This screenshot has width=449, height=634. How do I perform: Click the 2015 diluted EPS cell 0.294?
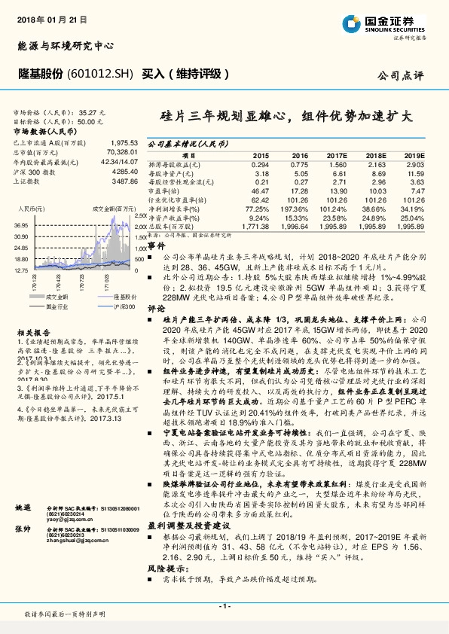[x=260, y=163]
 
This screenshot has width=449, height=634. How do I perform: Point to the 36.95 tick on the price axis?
[x=21, y=225]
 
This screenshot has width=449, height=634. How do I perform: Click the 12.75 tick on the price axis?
[x=21, y=269]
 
